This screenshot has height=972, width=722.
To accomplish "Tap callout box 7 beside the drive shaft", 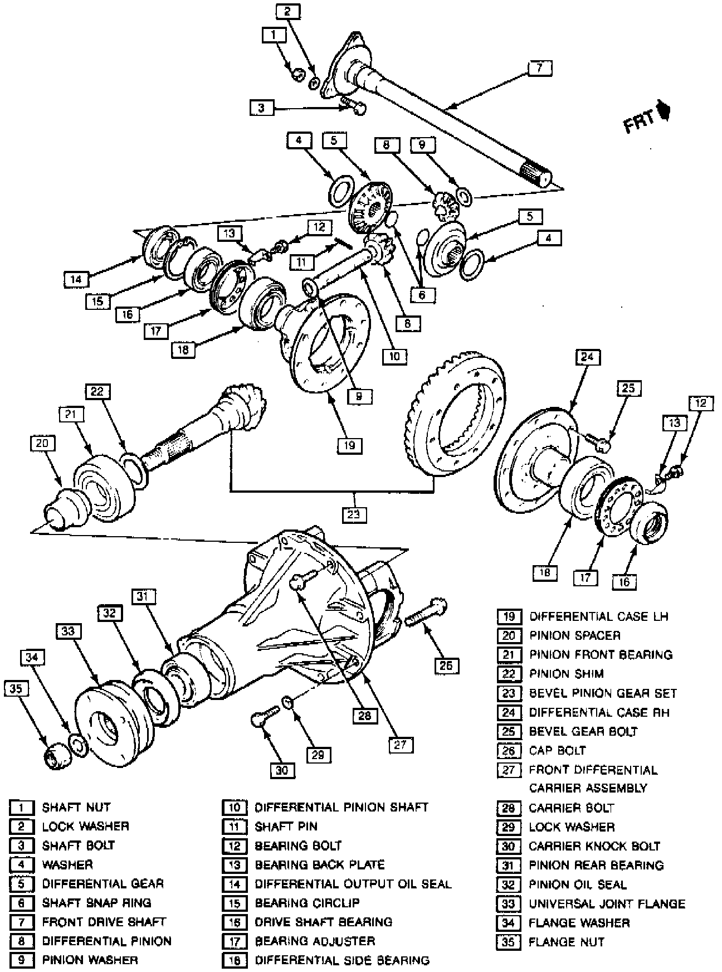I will pos(539,69).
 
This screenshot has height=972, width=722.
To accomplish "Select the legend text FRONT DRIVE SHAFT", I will pos(104,922).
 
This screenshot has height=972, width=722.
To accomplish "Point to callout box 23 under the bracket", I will pos(354,513).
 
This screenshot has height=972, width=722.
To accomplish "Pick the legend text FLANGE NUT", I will pos(567,942).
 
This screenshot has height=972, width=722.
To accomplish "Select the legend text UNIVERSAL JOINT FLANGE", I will pos(607,903).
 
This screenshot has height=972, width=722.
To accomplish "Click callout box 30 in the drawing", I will pos(282,770).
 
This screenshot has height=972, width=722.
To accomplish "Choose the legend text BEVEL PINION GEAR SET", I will pos(603,693).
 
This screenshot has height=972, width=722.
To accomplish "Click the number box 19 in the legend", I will pos(509,616).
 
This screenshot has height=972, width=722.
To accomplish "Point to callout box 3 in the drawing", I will pos(261,108).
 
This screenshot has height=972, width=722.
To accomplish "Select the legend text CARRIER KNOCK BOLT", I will pos(594,846).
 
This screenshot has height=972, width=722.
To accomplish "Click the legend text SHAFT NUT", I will pos(76,807).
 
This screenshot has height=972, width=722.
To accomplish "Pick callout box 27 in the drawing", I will pos(401,745).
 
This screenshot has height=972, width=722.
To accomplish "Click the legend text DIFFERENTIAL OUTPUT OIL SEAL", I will pos(353,884).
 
